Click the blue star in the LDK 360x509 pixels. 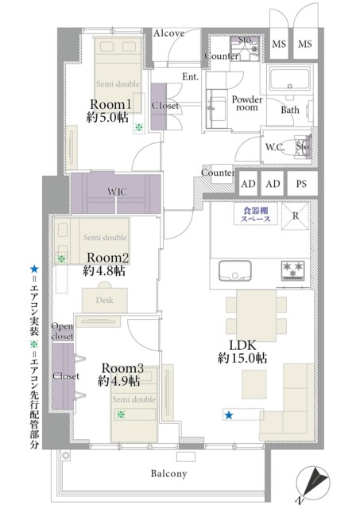click(229, 415)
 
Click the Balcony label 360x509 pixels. click(168, 474)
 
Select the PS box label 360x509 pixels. click(300, 184)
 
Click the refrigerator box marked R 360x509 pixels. click(295, 216)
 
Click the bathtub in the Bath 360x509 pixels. click(291, 81)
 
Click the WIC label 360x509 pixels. click(116, 192)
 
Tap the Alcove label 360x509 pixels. click(168, 33)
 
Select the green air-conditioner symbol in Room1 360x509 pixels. click(139, 127)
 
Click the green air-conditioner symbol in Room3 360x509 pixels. click(121, 414)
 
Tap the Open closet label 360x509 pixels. click(62, 331)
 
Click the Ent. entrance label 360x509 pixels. click(190, 76)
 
